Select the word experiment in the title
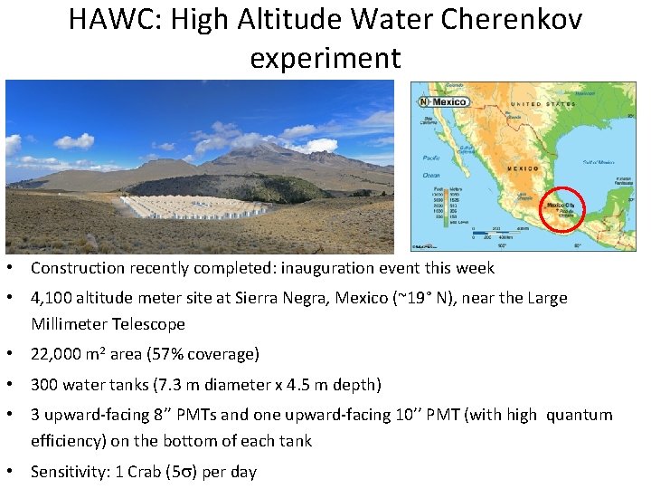pos(325,58)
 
